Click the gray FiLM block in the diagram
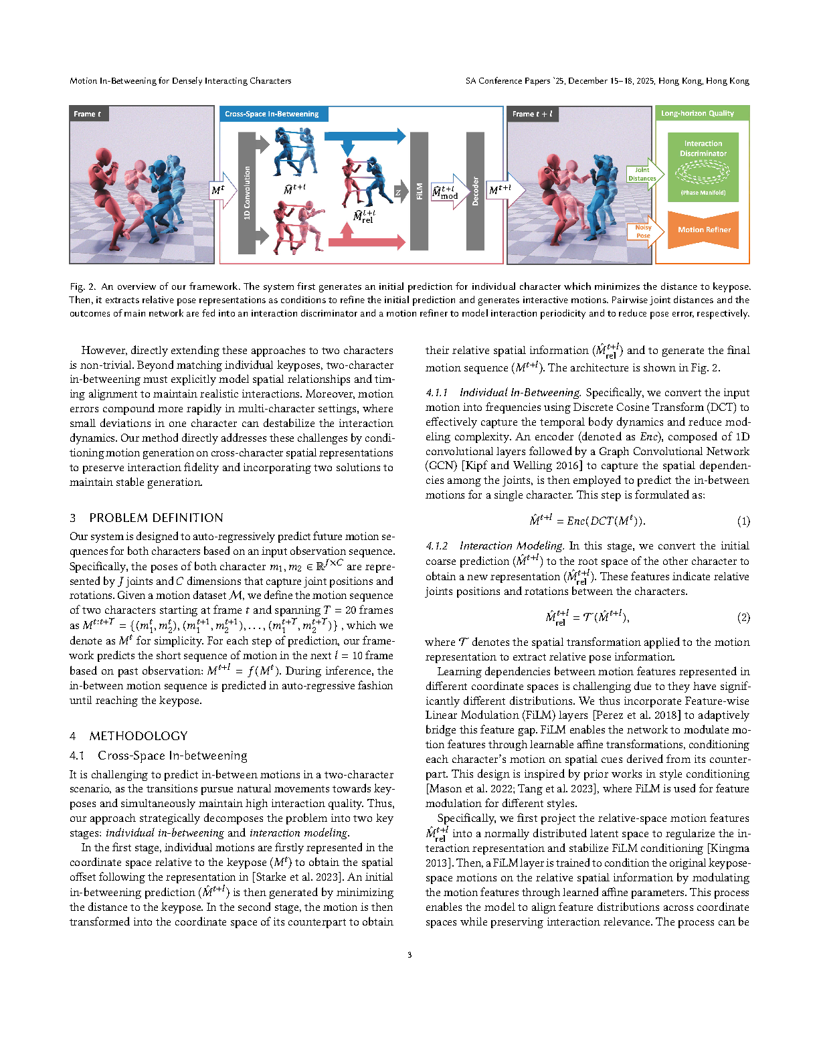click(x=419, y=191)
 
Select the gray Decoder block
click(x=475, y=191)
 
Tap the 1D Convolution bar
click(x=247, y=193)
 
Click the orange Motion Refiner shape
click(x=703, y=230)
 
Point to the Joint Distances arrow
click(x=644, y=174)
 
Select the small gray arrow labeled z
click(x=399, y=192)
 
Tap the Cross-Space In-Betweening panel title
click(x=272, y=114)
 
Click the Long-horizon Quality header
click(x=698, y=113)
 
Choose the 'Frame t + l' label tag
click(x=533, y=114)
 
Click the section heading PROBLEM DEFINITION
click(x=156, y=518)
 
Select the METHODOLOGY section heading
click(x=139, y=736)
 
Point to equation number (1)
click(x=743, y=521)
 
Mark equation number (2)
click(x=743, y=618)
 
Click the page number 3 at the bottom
click(x=409, y=955)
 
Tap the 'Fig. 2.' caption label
click(x=82, y=286)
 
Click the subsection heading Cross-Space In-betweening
click(x=172, y=756)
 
